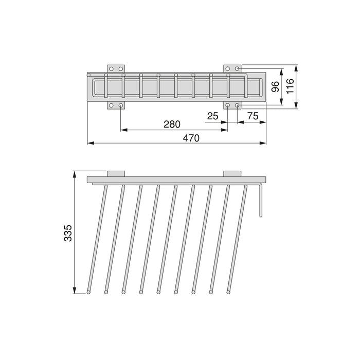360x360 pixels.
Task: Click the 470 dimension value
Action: [191, 138]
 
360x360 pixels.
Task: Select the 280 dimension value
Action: [172, 124]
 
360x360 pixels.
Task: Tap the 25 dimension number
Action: [212, 116]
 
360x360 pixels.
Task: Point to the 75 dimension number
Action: [253, 116]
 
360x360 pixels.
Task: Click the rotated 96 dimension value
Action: [275, 86]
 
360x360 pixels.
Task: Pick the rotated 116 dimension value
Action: [290, 86]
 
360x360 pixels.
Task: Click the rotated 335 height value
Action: [68, 233]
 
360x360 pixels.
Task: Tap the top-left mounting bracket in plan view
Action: [116, 68]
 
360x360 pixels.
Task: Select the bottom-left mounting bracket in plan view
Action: [116, 105]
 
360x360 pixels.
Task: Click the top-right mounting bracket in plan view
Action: [232, 68]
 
